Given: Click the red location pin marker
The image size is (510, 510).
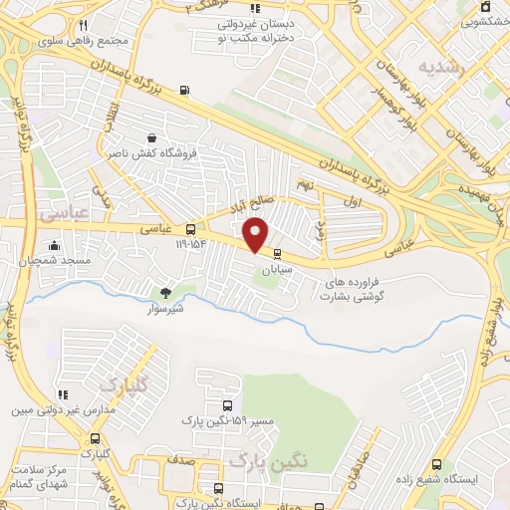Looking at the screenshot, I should point(257,233).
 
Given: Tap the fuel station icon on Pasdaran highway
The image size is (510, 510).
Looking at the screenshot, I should point(186,93).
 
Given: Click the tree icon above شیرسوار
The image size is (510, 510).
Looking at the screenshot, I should point(166,293).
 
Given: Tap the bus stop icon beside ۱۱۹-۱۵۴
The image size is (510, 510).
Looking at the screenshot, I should point(190,229).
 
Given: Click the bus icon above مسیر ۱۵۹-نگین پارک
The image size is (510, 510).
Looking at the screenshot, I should point(228,405).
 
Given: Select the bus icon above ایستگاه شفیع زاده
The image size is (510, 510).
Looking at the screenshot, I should point(436,464).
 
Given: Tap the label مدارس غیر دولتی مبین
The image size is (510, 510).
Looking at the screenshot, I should point(63,409).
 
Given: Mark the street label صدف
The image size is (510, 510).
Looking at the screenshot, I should point(180,461).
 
